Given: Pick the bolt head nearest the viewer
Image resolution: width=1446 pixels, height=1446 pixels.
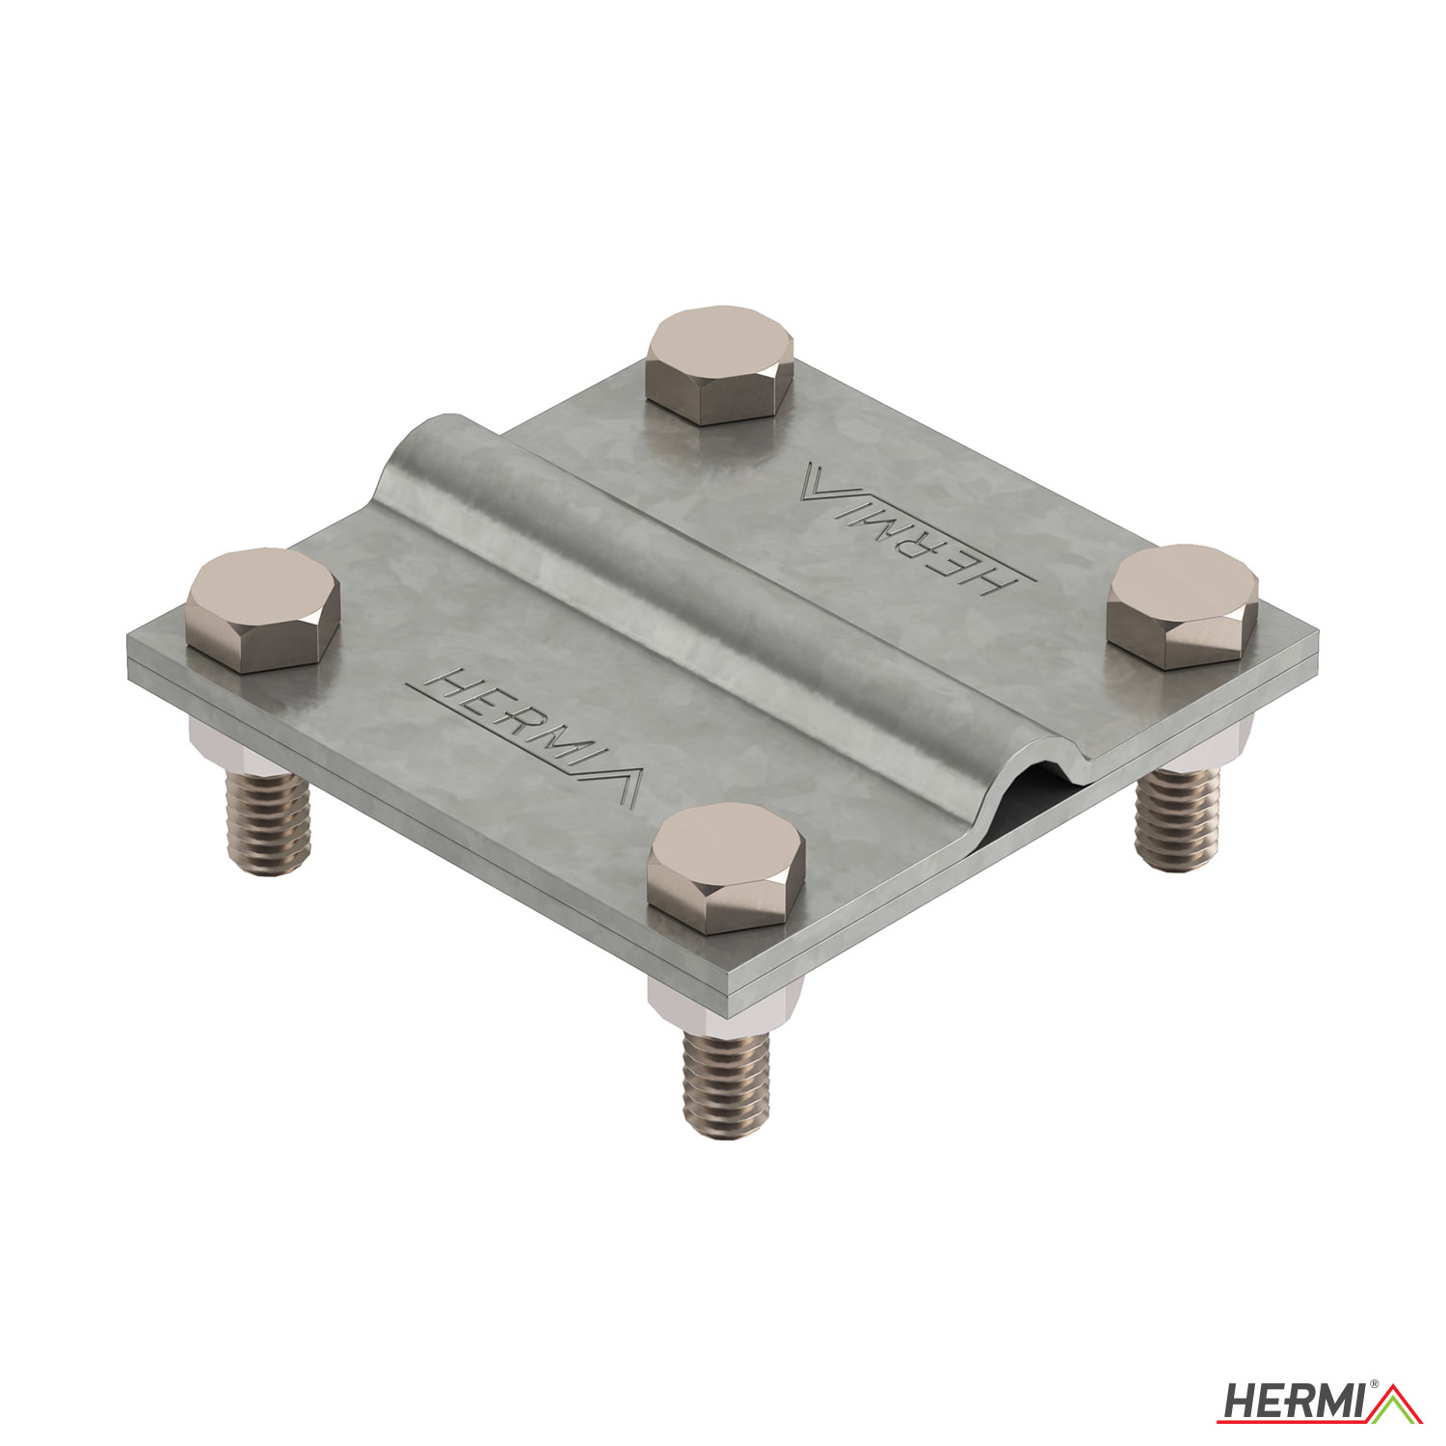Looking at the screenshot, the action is (x=726, y=867).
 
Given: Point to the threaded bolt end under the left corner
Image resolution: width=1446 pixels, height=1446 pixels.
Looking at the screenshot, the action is (x=267, y=815).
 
